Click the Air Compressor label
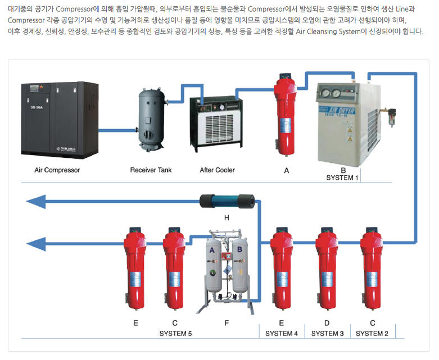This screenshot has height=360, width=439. coord(57,170)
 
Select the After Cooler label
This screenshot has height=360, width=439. coord(217,170)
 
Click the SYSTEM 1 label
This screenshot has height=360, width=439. coord(342,177)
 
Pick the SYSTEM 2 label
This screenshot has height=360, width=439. coord(372,333)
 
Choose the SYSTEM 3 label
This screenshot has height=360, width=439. coord(327,333)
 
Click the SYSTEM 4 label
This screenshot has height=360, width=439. coord(281,333)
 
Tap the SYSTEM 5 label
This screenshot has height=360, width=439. coord(175,333)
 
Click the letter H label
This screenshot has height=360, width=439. coord(227,216)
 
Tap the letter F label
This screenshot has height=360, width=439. coord(227,323)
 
